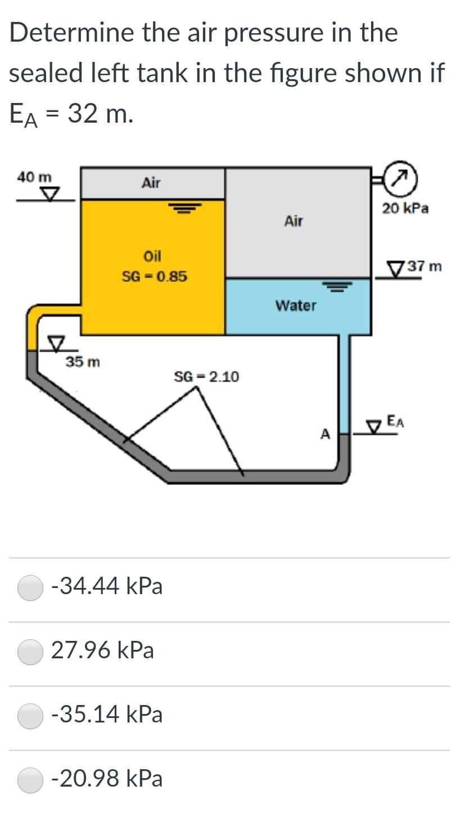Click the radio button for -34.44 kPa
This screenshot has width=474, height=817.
30,587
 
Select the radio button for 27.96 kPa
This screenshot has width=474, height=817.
30,651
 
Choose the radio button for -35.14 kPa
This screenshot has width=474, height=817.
30,715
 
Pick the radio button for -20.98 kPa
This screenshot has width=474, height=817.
30,779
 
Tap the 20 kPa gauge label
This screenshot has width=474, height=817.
405,209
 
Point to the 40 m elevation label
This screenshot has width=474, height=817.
34,177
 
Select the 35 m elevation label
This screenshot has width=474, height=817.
83,362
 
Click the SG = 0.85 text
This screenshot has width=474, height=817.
155,277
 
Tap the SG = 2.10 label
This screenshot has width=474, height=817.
206,376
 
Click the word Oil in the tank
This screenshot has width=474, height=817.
152,256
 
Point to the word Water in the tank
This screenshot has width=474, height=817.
296,306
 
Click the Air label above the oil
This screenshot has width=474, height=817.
151,183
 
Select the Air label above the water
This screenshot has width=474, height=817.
294,221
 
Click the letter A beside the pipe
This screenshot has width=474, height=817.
325,434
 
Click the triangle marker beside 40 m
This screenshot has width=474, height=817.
52,195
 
